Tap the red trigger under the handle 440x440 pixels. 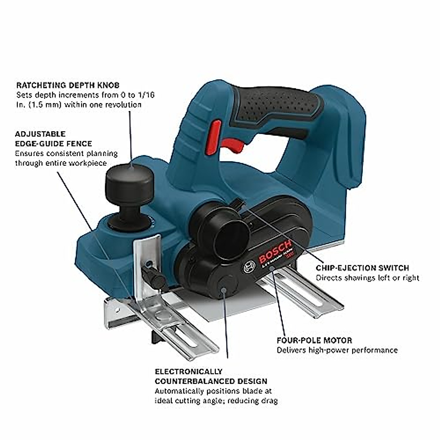(x=232, y=146)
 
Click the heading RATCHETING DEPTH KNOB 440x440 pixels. (x=68, y=85)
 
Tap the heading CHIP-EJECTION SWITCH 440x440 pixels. (x=362, y=268)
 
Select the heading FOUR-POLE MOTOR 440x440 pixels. (x=314, y=340)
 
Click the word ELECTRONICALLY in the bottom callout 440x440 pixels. (x=188, y=371)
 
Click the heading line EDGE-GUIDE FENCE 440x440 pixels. (x=54, y=144)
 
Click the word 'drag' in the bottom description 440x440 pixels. (x=268, y=401)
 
